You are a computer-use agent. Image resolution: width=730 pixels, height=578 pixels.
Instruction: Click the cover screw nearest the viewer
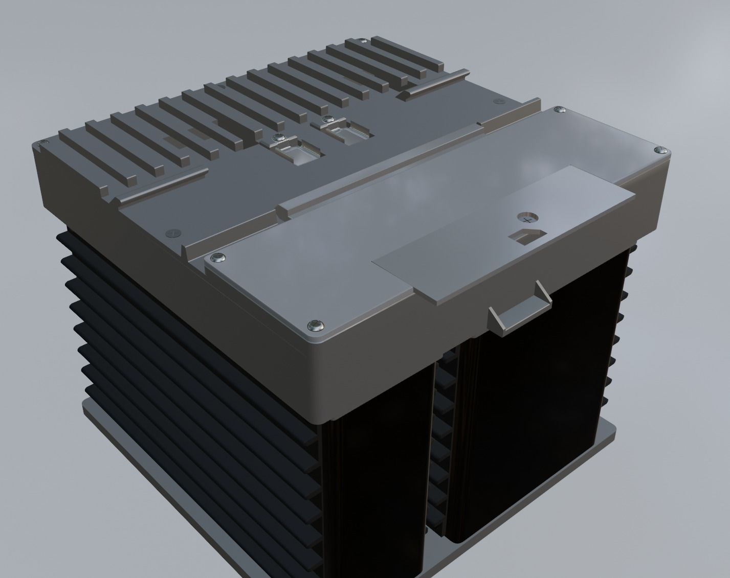314,325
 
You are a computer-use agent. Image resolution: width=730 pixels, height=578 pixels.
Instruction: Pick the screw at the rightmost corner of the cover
659,150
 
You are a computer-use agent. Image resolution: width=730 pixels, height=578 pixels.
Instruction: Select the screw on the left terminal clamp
278,138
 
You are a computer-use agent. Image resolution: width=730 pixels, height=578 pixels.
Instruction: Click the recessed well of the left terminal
296,154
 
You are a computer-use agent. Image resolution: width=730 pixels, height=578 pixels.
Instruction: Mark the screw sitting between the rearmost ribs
363,41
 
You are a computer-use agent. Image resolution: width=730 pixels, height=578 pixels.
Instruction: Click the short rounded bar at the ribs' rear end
435,85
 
